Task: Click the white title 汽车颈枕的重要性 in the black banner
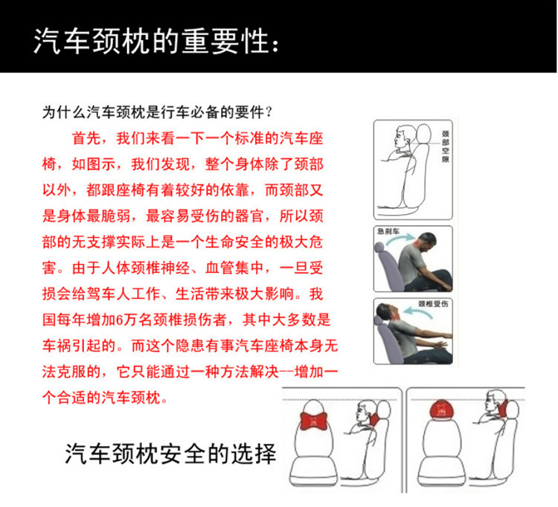click(x=150, y=41)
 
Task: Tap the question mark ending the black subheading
click(x=269, y=112)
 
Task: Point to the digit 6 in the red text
click(x=120, y=320)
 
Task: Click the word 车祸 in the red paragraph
click(x=57, y=346)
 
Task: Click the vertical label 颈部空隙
click(x=446, y=146)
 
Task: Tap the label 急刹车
click(x=388, y=231)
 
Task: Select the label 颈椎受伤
click(x=433, y=303)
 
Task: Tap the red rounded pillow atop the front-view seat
click(x=444, y=410)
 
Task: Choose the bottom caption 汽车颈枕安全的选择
click(x=170, y=453)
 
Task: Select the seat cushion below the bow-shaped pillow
click(x=313, y=469)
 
